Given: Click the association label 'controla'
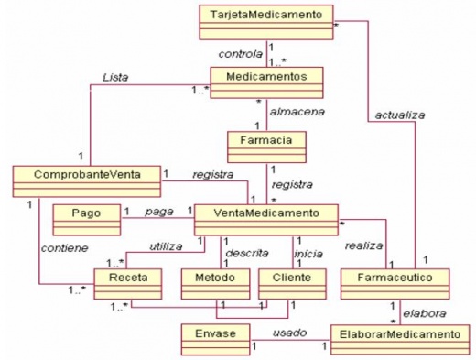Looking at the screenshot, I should click(241, 53).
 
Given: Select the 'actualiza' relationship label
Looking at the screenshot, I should click(395, 115).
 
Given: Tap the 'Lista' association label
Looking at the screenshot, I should click(115, 78).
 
